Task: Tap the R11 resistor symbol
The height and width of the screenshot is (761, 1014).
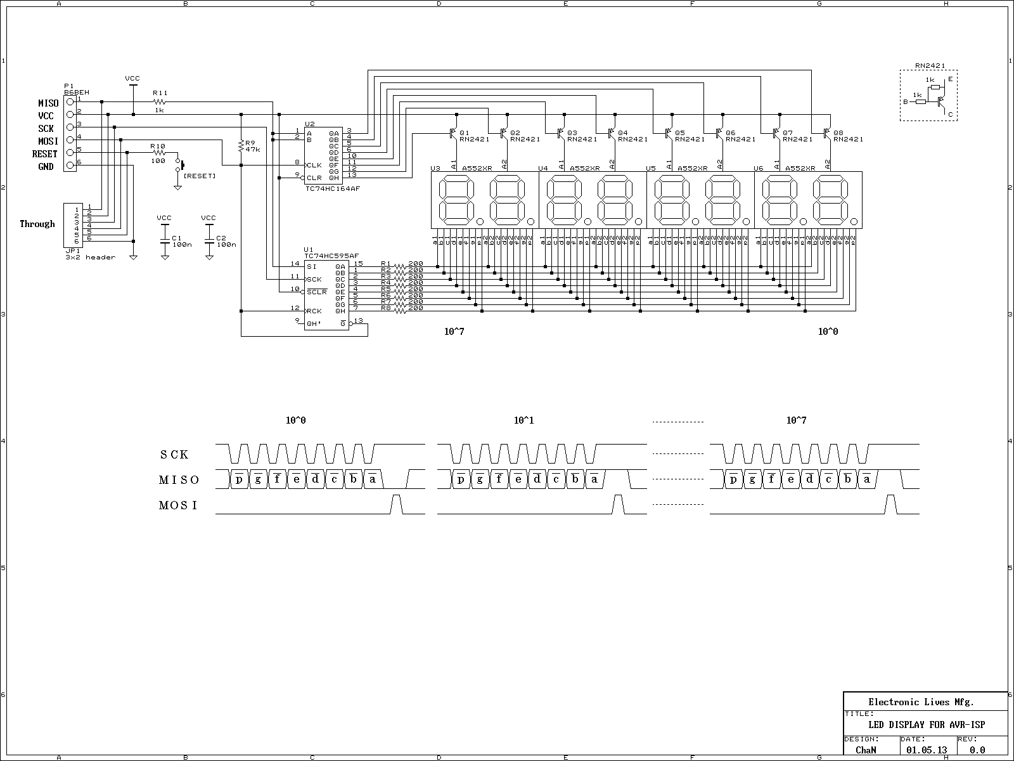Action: tap(160, 101)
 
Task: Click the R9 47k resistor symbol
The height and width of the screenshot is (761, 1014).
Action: tap(241, 146)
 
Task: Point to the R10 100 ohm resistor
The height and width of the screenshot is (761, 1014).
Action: tap(158, 153)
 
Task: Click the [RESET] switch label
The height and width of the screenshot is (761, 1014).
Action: tap(199, 176)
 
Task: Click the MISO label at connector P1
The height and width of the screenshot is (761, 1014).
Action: tap(48, 103)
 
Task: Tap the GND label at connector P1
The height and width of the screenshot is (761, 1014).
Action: tap(46, 167)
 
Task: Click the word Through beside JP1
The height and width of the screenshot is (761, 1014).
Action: tap(37, 224)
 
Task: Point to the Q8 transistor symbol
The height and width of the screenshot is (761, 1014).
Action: tap(828, 133)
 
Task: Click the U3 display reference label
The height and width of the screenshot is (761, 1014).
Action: tap(435, 168)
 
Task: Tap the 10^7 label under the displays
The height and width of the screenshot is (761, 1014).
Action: tap(454, 331)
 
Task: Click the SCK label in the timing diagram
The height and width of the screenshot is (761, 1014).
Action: tap(174, 455)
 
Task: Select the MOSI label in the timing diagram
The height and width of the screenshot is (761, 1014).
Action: tap(178, 505)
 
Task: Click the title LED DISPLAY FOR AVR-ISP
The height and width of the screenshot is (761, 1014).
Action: tap(926, 725)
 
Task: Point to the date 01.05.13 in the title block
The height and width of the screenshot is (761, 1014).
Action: tap(927, 750)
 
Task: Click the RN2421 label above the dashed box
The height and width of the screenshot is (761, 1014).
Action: tap(930, 65)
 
